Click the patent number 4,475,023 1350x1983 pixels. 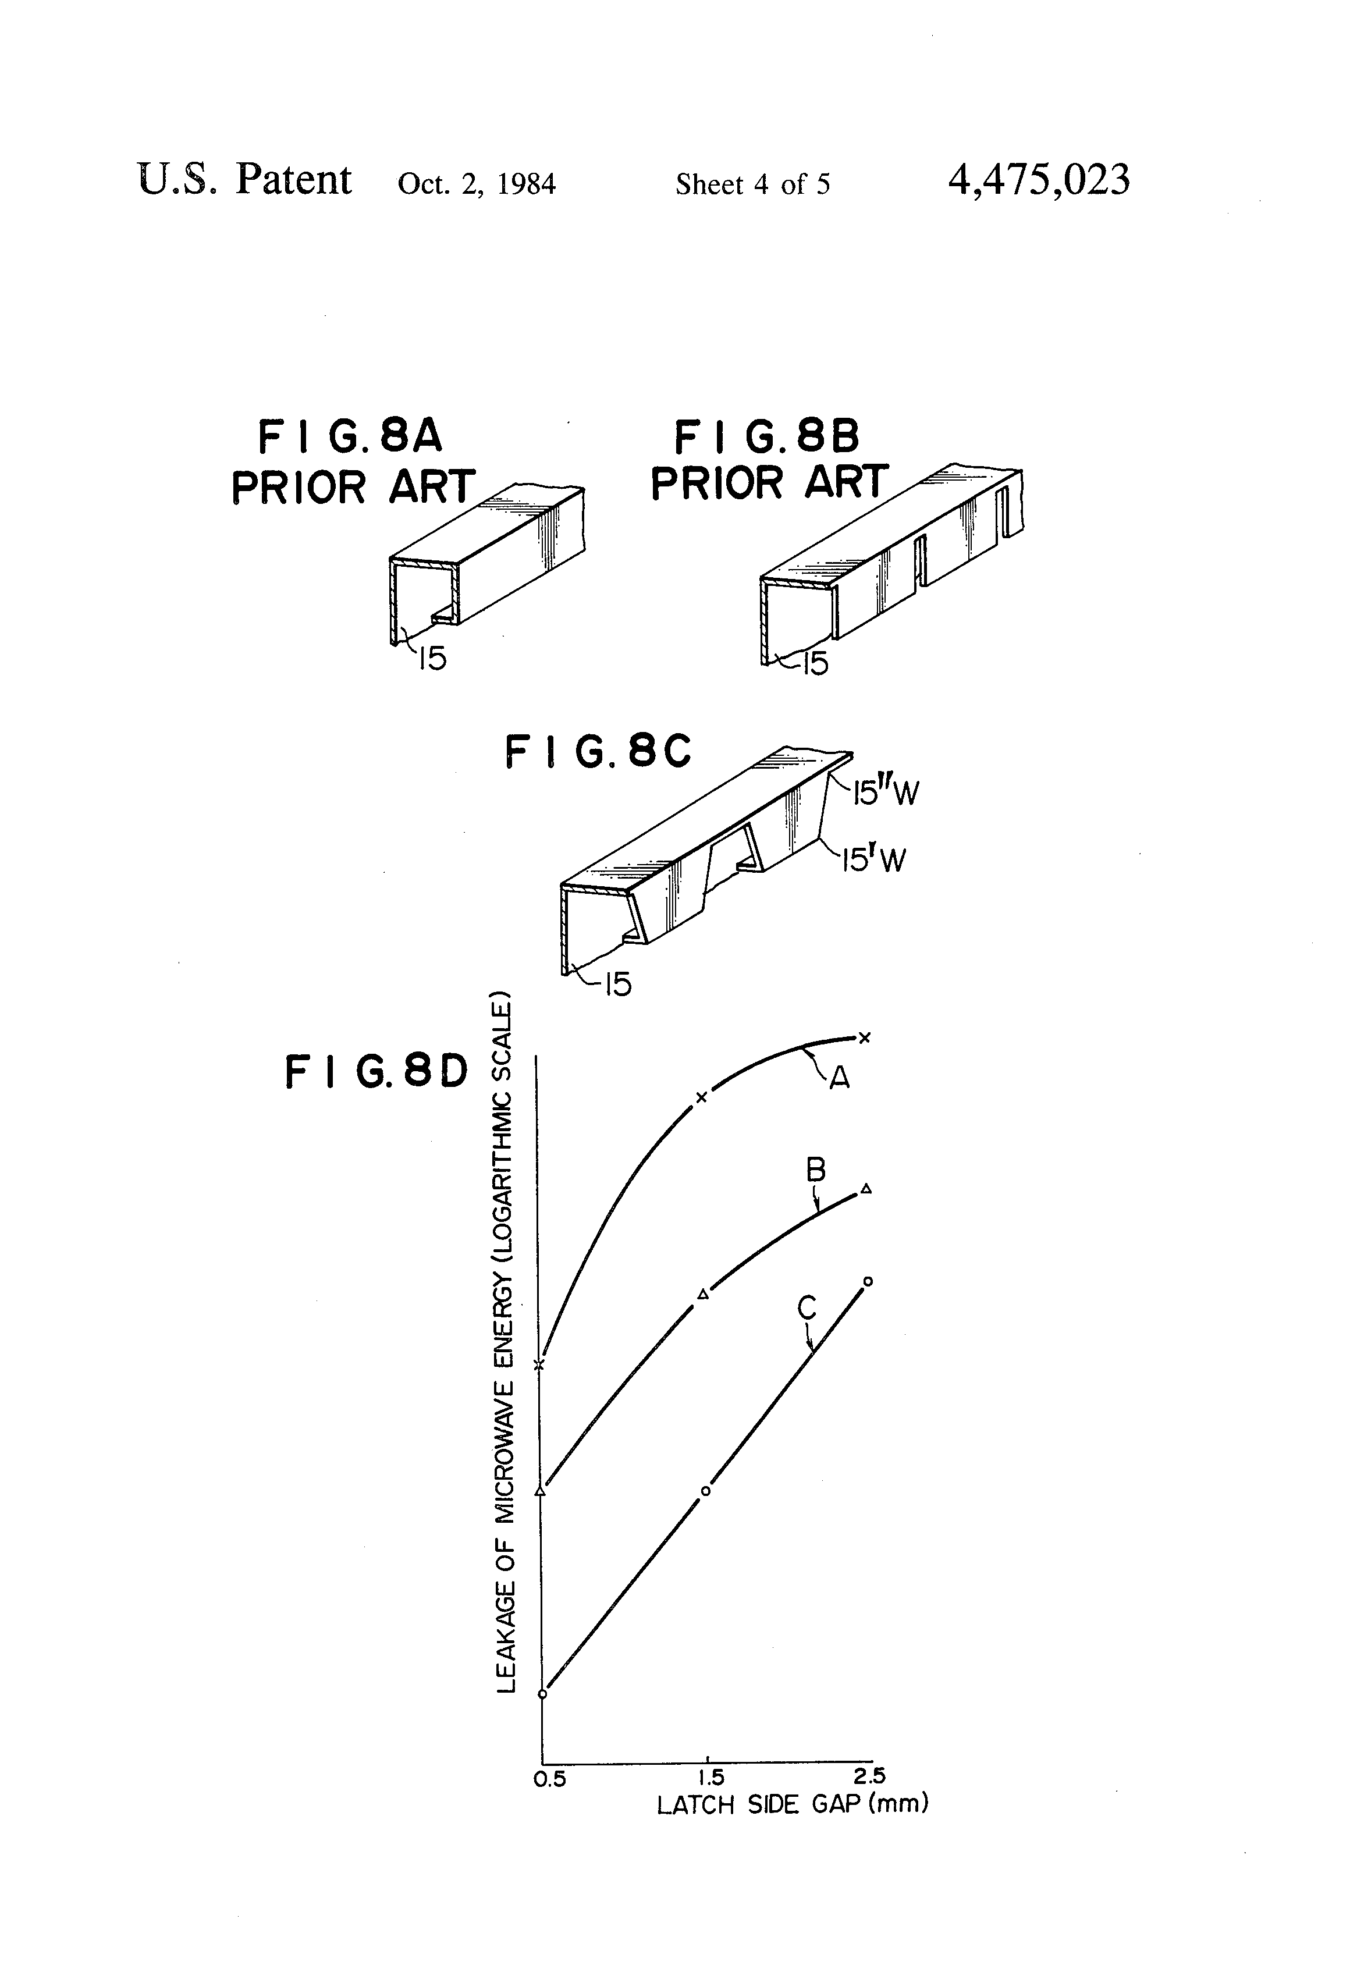point(1039,180)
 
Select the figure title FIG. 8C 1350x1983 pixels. point(598,752)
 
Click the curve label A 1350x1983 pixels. point(840,1079)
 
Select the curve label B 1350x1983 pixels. point(816,1170)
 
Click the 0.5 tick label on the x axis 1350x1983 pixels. point(549,1779)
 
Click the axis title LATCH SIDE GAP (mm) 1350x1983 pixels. point(792,1805)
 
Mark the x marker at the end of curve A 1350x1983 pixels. point(865,1037)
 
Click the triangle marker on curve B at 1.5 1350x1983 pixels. point(703,1295)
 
